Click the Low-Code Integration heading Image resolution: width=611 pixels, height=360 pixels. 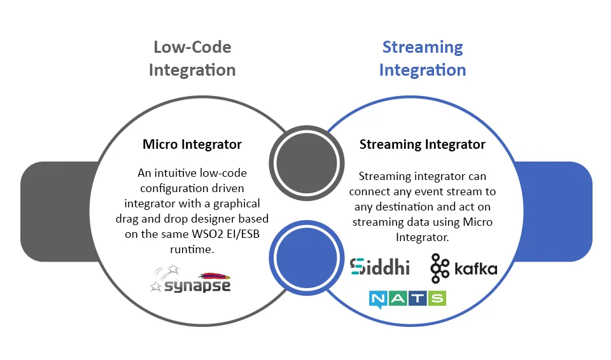pos(192,59)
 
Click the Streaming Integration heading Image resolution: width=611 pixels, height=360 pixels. pos(422,59)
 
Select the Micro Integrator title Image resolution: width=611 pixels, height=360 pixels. pos(192,144)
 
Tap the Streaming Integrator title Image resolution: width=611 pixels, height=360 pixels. pos(422,144)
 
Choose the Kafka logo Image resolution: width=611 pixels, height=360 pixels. pos(463,268)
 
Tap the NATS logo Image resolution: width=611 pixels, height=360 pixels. pos(407,298)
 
